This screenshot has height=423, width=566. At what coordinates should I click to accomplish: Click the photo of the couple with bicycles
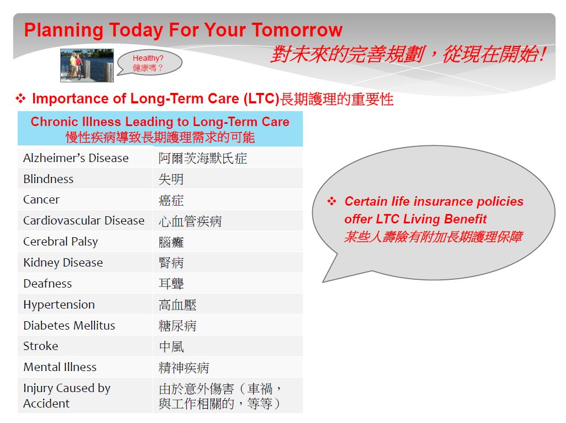[87, 65]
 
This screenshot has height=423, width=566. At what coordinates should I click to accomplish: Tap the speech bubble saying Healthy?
[149, 62]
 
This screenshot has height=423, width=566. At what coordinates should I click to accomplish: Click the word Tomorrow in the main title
[297, 30]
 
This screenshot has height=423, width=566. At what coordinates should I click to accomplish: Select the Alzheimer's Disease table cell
[85, 158]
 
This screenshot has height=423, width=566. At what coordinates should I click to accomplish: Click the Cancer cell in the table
[85, 200]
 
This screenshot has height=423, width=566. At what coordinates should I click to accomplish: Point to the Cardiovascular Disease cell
[85, 221]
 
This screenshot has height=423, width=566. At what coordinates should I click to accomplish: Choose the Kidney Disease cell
[85, 262]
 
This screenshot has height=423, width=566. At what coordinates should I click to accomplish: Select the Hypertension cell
[85, 304]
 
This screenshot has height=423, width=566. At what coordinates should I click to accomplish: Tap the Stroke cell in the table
[85, 346]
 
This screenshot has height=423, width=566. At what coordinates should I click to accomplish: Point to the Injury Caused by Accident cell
[85, 395]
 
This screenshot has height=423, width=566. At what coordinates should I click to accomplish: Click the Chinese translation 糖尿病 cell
[228, 325]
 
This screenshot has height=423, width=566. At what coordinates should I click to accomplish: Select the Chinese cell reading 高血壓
[228, 304]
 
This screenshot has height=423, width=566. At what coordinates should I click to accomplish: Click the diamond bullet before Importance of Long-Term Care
[20, 98]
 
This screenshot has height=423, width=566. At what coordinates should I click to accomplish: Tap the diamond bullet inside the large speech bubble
[332, 201]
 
